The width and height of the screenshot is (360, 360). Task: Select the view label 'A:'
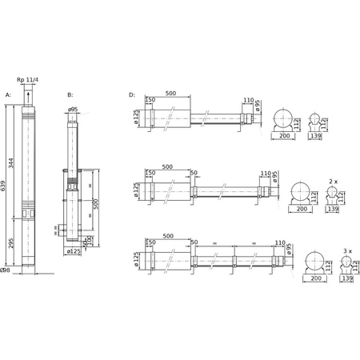(x=9, y=94)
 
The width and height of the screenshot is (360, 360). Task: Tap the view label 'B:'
(x=70, y=94)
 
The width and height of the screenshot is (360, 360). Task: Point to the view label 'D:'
(x=132, y=94)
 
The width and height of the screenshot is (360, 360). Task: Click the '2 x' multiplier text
(x=333, y=182)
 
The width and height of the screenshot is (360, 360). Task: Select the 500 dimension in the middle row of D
(x=166, y=166)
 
